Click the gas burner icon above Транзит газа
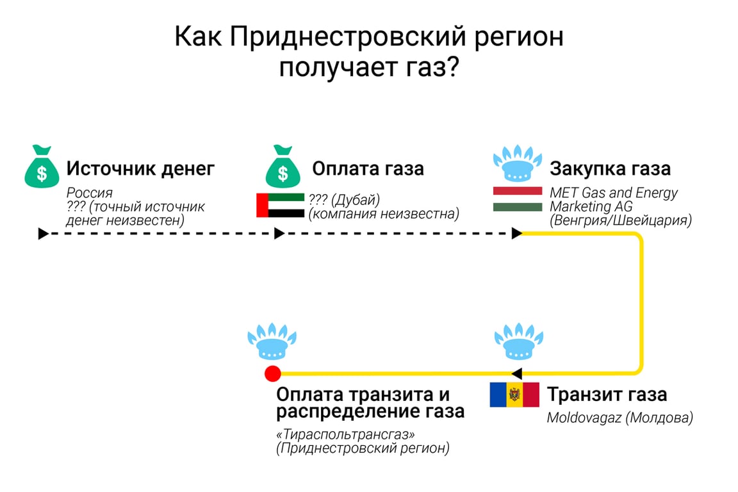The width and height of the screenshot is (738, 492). (x=518, y=343)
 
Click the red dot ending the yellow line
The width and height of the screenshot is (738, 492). (x=273, y=373)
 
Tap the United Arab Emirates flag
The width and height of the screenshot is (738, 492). (x=280, y=205)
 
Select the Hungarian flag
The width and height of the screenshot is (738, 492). (x=518, y=199)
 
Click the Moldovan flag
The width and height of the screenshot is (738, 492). (x=514, y=395)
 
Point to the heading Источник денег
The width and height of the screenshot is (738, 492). (x=140, y=168)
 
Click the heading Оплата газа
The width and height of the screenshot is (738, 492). (x=368, y=168)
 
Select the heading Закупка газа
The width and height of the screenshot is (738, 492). (x=610, y=168)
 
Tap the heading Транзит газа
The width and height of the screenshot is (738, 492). (x=607, y=394)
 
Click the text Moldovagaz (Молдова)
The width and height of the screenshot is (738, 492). (x=619, y=418)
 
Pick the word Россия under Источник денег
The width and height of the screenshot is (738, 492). (x=90, y=193)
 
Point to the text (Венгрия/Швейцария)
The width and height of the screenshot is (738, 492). (x=620, y=221)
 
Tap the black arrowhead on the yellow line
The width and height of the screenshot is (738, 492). (x=516, y=373)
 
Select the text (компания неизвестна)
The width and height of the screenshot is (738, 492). (x=384, y=213)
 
